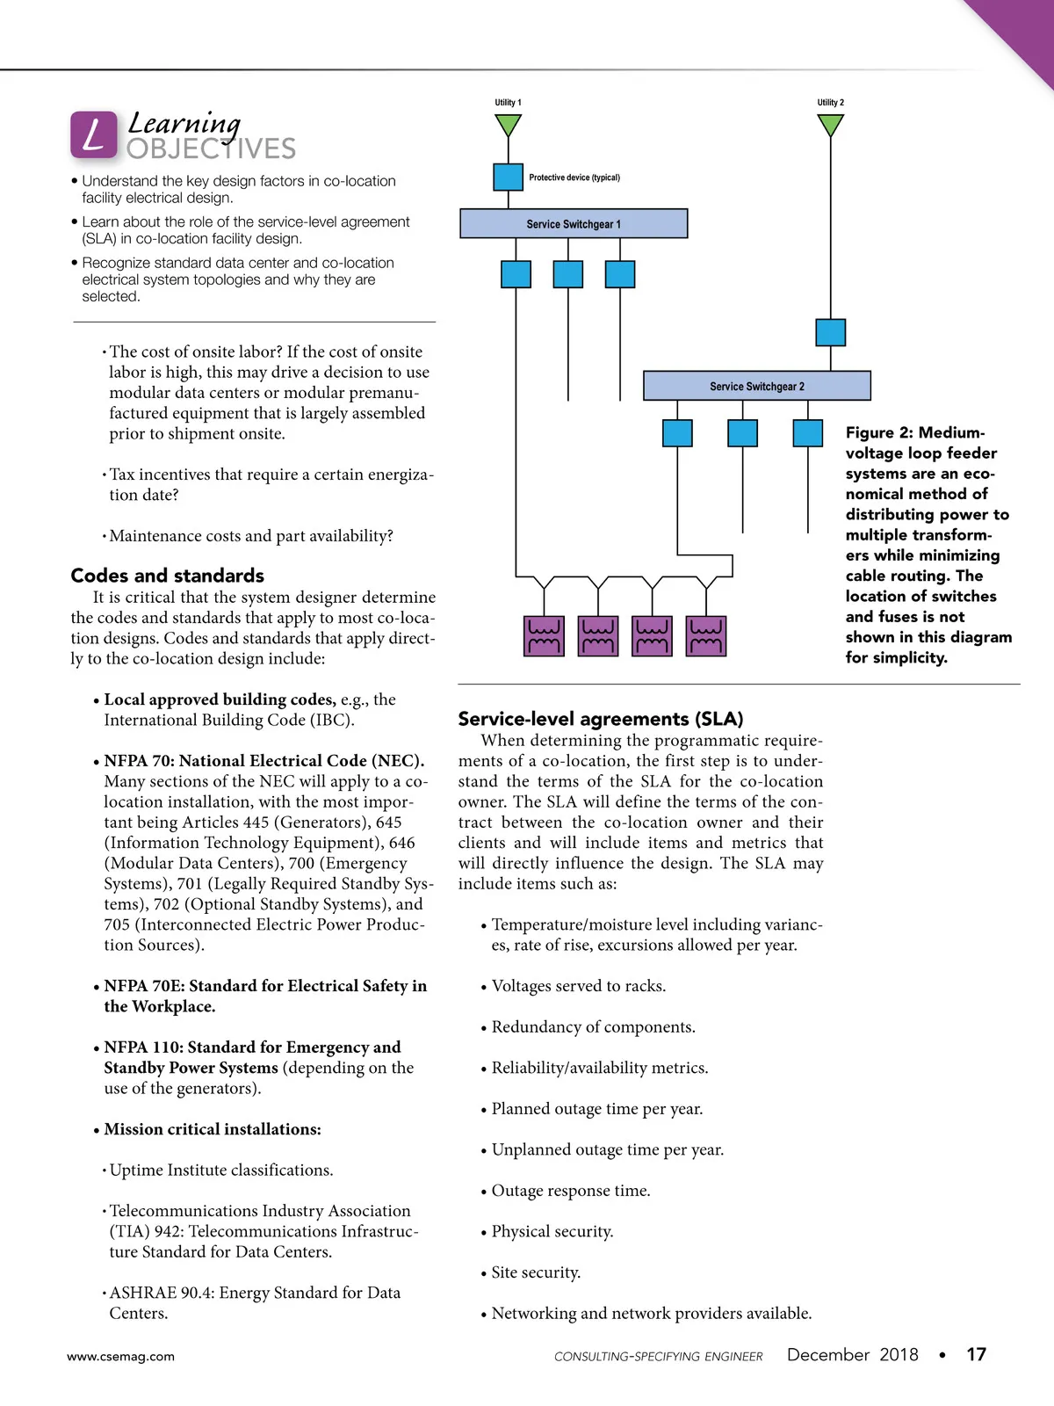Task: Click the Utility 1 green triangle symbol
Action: (508, 126)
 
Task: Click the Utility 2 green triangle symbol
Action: (830, 126)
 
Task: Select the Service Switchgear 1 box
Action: (574, 224)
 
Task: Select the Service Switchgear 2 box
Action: (756, 386)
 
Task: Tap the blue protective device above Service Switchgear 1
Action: (508, 177)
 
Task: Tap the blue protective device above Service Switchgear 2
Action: (830, 332)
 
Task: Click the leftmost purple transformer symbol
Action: (544, 636)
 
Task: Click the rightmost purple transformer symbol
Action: (705, 636)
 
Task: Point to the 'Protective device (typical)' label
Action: (574, 178)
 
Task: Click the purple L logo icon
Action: (93, 135)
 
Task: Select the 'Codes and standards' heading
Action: (167, 576)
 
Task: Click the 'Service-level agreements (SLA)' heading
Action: (600, 719)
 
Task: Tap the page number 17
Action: (976, 1354)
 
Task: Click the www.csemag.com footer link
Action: (120, 1356)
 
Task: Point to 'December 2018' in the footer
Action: (852, 1354)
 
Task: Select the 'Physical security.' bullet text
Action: (552, 1231)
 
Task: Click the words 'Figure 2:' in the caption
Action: (879, 432)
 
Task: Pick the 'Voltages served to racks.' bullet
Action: (578, 986)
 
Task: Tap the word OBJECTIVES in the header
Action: (211, 149)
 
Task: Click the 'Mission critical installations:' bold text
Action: (213, 1129)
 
